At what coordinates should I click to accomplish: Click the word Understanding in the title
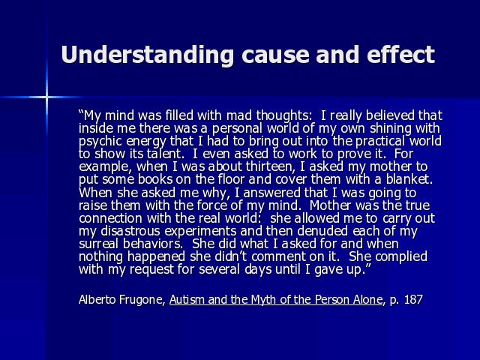[148, 55]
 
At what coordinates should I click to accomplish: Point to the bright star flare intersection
[46, 97]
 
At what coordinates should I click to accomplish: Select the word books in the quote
[156, 179]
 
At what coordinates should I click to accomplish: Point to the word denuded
[322, 231]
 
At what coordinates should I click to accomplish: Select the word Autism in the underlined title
[187, 299]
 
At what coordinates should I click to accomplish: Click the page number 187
[413, 299]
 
